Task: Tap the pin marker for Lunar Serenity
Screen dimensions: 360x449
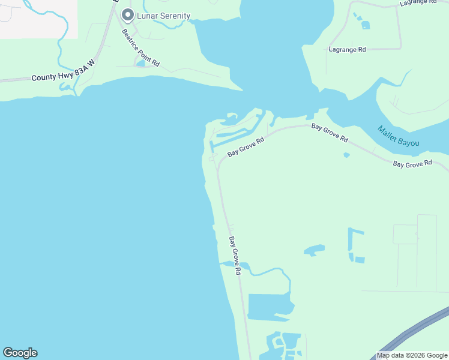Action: (127, 14)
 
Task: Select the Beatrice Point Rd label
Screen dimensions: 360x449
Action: (140, 47)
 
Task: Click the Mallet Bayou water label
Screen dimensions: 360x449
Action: (398, 137)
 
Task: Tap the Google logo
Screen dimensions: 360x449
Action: (20, 353)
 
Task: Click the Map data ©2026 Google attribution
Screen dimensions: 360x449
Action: (412, 355)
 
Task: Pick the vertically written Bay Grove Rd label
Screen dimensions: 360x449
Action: (234, 256)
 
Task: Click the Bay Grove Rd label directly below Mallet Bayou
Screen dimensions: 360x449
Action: (412, 163)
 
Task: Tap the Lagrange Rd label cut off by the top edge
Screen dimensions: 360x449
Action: (418, 2)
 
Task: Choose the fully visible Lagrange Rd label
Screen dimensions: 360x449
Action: (347, 49)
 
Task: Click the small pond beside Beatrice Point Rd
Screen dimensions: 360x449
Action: (140, 63)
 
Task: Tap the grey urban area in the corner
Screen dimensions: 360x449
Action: (36, 18)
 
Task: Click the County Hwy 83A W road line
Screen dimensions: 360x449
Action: (18, 79)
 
